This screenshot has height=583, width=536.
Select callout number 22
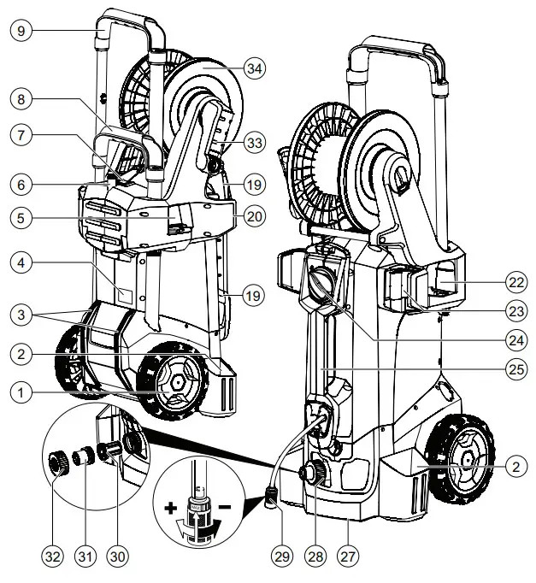[x=515, y=281]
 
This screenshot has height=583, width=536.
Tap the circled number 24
[x=515, y=339]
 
